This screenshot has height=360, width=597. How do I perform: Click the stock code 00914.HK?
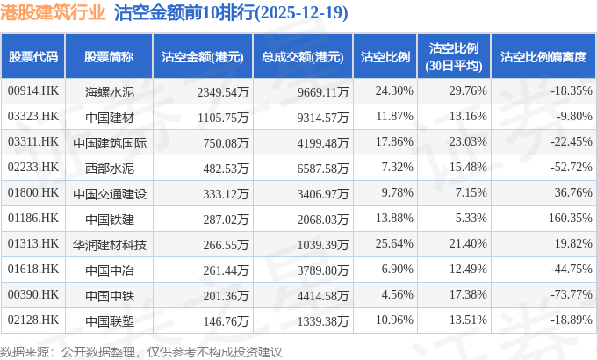click(32, 91)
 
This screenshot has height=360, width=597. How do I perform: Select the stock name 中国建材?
click(109, 117)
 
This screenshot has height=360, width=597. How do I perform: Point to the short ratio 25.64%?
click(393, 244)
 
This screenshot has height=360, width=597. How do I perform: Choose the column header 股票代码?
click(33, 57)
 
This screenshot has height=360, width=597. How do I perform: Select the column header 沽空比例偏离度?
click(543, 57)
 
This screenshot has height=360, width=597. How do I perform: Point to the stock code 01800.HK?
click(32, 193)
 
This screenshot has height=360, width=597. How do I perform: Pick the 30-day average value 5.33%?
click(467, 219)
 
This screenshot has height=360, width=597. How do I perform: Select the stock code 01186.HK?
click(32, 219)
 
